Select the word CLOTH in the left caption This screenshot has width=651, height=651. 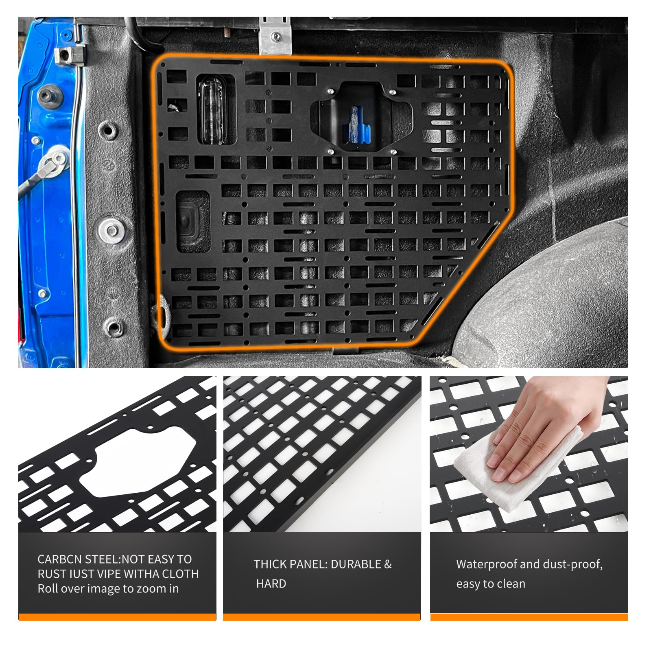pyautogui.click(x=180, y=574)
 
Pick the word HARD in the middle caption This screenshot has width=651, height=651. pyautogui.click(x=271, y=584)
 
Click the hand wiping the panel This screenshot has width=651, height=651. pyautogui.click(x=549, y=427)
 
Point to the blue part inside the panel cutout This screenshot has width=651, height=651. pyautogui.click(x=358, y=124)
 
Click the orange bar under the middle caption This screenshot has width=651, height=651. pyautogui.click(x=322, y=617)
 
